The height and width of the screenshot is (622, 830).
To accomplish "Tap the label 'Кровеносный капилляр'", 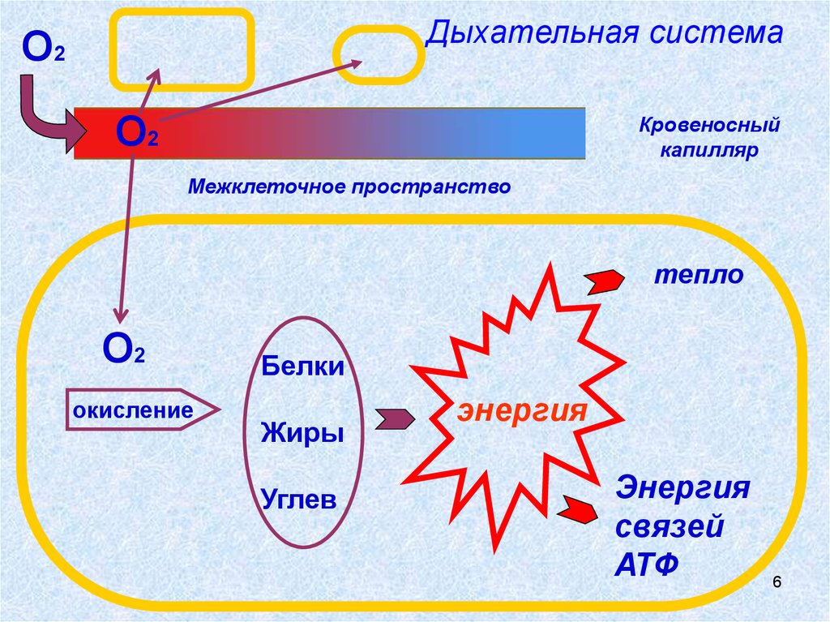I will pos(708,138).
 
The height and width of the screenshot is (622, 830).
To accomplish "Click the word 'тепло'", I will pos(699,275).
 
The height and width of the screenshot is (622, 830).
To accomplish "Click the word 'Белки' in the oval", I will pos(302,367).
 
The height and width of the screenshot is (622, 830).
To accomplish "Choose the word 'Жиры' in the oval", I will pos(302,432).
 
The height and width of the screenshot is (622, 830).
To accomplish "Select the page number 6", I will pos(777,583).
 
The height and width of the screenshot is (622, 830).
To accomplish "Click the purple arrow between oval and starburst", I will pos(394,418).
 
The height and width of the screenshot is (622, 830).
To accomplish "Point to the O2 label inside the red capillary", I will pos(136,131).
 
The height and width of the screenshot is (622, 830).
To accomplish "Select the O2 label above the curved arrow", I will pos(44,49).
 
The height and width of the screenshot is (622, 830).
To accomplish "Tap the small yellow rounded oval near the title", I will pos(379,54).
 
